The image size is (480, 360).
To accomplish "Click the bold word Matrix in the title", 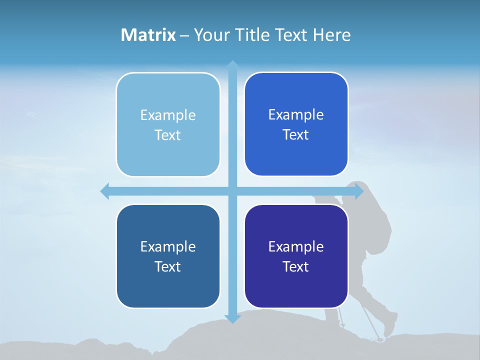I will (148, 35).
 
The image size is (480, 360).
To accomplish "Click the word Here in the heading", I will (332, 35).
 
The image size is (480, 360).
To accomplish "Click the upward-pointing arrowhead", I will (232, 65).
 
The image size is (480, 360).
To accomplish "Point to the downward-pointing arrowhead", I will (232, 318).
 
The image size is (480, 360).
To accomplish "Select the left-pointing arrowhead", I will (105, 191).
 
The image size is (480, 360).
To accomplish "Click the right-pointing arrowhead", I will (359, 191).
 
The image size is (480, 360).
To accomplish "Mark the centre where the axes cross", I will (232, 191).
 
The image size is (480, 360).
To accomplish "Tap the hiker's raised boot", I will (390, 325).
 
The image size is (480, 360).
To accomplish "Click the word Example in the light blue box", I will (168, 115).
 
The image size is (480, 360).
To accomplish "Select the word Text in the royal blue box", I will (295, 135).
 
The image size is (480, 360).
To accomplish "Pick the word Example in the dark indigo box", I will (296, 246).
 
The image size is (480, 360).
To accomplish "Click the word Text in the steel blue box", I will (167, 266).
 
